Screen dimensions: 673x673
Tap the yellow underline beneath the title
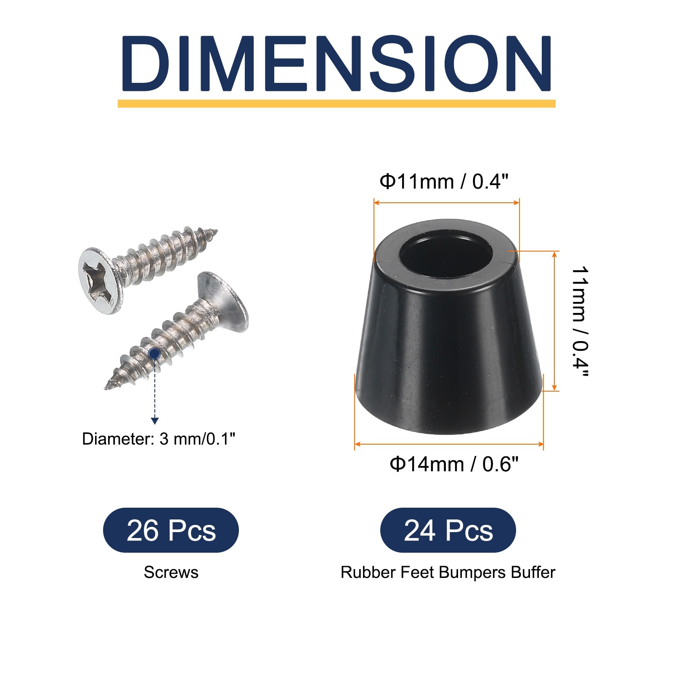click(x=336, y=103)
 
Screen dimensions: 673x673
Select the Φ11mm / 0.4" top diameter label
click(x=444, y=182)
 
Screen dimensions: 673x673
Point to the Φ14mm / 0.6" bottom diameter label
click(x=454, y=464)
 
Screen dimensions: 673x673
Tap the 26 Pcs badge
click(x=171, y=530)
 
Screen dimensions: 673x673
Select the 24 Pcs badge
click(x=448, y=530)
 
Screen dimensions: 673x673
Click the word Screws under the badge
click(x=171, y=572)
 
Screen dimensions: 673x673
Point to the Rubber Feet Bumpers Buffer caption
click(x=448, y=572)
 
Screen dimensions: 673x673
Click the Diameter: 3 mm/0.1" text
click(x=159, y=439)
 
